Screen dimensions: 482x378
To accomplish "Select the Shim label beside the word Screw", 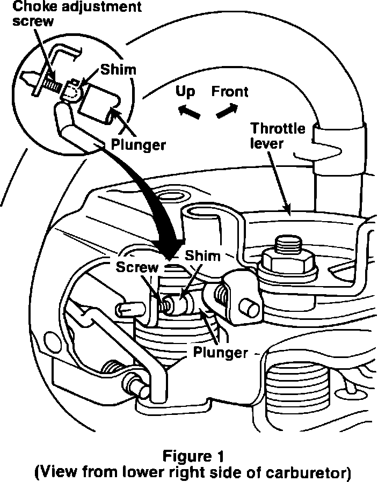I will coord(202,256).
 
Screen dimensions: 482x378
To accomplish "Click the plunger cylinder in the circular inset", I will coord(99,104).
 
